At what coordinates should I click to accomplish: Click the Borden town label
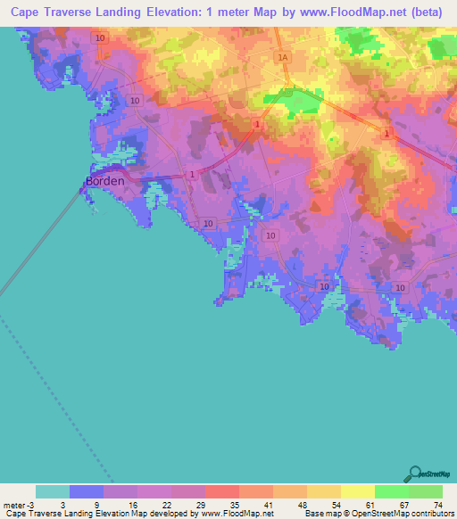point(104,181)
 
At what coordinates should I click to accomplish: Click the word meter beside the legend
point(15,504)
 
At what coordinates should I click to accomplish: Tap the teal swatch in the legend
point(53,491)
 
